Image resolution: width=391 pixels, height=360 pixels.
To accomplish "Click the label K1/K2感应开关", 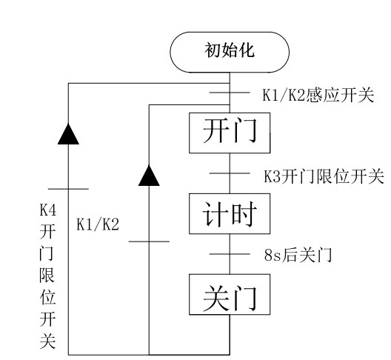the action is (x=318, y=95).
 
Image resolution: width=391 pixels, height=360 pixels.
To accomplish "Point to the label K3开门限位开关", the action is (x=324, y=176).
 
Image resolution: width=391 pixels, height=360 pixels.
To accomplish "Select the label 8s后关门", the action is (x=298, y=255).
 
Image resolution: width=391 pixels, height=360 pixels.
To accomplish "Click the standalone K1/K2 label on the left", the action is (x=98, y=224).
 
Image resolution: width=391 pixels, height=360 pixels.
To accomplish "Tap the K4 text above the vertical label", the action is (x=48, y=210).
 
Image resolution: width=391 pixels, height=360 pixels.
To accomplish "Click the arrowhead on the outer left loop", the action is (x=68, y=134).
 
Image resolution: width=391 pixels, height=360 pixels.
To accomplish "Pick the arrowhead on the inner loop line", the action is (x=149, y=176).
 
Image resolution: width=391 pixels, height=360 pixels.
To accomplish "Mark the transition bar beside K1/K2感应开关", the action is (x=230, y=93).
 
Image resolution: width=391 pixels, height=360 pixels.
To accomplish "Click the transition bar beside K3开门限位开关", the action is (x=230, y=173).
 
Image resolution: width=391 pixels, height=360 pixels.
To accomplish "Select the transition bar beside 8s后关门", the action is (x=230, y=254).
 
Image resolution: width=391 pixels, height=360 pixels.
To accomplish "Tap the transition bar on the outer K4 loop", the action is (x=68, y=189).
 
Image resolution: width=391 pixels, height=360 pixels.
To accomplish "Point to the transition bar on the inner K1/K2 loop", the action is (x=149, y=241).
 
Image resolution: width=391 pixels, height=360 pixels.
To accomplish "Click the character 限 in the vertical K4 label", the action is (x=47, y=275).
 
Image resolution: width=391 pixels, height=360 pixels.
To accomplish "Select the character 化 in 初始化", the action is (x=247, y=50).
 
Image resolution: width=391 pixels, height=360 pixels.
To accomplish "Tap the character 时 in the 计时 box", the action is (x=243, y=214).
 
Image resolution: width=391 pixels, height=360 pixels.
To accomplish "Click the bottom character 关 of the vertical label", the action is (x=47, y=341).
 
